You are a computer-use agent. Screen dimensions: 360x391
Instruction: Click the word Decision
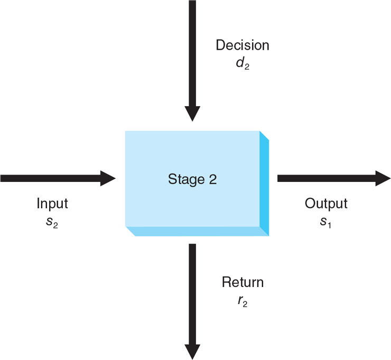(242, 45)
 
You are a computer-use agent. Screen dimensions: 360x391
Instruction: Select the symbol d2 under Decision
(243, 64)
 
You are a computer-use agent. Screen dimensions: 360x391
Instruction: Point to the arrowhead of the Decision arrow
(192, 113)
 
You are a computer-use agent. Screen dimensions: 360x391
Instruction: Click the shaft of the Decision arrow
(192, 53)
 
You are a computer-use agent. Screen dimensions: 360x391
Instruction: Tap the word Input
(52, 204)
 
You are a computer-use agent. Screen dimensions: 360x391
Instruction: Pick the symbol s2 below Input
(52, 221)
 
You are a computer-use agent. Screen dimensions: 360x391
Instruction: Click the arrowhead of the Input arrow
(108, 178)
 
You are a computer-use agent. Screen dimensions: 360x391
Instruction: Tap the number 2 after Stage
(212, 180)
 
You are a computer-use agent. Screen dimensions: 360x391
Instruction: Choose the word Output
(326, 204)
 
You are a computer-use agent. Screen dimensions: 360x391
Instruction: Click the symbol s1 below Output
(326, 221)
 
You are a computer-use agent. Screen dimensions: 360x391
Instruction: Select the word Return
(243, 282)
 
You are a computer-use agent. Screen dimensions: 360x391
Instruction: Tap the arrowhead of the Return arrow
(192, 352)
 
